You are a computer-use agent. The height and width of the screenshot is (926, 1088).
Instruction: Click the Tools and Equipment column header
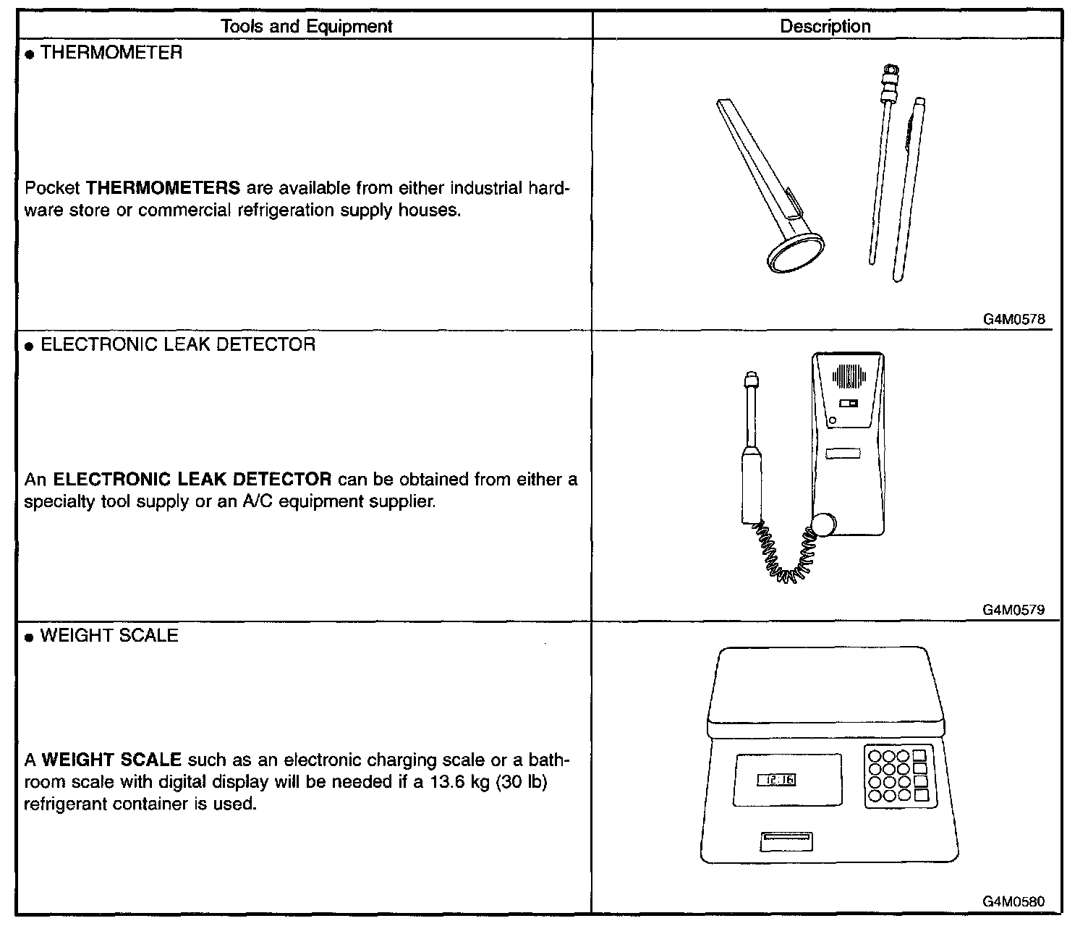306,27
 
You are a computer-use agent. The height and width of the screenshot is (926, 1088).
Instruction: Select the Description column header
825,27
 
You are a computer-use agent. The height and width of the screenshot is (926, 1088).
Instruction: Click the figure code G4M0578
1013,318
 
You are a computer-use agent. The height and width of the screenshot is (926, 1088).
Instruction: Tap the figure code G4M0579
1013,610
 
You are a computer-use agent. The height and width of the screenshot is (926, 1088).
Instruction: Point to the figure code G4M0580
1013,902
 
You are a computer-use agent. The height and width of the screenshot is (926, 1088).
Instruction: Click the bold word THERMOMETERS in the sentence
163,189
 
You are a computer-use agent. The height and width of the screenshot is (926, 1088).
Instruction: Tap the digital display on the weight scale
776,780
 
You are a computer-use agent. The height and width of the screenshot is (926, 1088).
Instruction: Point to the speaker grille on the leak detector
849,375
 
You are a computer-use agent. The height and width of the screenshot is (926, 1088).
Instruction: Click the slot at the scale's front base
786,841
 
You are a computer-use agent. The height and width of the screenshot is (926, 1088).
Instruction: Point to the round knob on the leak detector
824,524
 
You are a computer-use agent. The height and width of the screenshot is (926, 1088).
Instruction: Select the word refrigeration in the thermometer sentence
283,211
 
